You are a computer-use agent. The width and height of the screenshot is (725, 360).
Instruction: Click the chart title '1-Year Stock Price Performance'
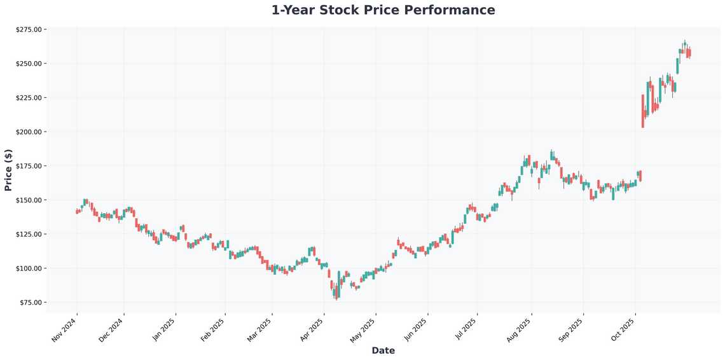point(383,10)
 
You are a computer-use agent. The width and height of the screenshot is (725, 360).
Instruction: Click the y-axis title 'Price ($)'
point(8,170)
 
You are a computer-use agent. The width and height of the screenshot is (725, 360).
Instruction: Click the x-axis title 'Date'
point(383,350)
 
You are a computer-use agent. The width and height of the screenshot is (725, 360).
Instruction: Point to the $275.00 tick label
point(29,29)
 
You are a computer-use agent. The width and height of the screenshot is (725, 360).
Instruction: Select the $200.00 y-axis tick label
point(29,132)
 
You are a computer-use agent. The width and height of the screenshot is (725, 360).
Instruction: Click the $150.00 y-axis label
point(29,200)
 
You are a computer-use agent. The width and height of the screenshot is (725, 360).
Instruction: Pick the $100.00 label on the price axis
point(29,268)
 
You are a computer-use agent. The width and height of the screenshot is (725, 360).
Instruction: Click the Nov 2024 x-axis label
point(65,329)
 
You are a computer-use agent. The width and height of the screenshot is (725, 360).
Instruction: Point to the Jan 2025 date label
point(163,329)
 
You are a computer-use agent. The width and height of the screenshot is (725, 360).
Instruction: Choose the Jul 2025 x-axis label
point(466,329)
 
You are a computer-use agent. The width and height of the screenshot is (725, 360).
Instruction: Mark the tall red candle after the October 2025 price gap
point(643,111)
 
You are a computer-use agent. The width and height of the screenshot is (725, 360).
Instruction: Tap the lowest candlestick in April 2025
point(336,292)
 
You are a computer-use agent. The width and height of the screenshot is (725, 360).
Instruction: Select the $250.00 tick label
point(29,64)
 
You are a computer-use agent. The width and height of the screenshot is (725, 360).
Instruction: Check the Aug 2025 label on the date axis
point(520,329)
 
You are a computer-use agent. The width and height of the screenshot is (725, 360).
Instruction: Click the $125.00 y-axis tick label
point(29,234)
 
